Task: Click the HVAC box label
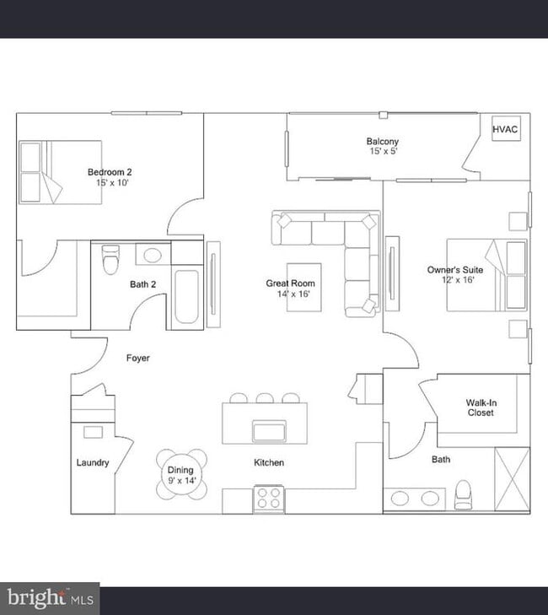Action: pos(505,129)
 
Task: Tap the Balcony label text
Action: pos(383,141)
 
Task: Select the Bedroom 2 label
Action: pos(110,172)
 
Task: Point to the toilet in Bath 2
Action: pos(110,259)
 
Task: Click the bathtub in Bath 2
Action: pos(186,296)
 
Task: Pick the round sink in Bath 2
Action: pos(153,256)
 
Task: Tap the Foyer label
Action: pos(138,358)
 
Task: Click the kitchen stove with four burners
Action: pos(269,498)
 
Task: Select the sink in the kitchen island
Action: pos(269,431)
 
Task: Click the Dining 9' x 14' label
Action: pos(180,475)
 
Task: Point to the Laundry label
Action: pos(93,462)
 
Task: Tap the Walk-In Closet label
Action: pos(481,407)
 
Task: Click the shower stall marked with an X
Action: pos(512,479)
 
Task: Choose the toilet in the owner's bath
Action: pos(464,494)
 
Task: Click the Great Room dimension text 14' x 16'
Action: pos(293,294)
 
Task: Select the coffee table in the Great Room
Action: pos(304,287)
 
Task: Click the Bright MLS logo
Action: pos(51,598)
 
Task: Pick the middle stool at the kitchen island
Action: pos(265,398)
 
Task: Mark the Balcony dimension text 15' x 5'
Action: pos(384,151)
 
